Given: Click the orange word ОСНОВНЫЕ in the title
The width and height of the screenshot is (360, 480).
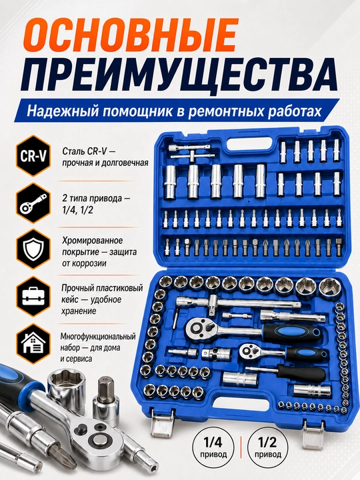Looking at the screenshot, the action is [131, 36].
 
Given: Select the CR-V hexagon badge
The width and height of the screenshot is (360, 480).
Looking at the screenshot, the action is [33, 155].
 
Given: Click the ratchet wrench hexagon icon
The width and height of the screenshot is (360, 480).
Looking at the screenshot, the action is [33, 203].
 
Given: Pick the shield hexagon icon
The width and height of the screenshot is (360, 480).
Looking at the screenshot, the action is [33, 249].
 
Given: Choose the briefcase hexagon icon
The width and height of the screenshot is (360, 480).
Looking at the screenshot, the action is [33, 296].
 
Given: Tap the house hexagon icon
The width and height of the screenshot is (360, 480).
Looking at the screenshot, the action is [33, 343].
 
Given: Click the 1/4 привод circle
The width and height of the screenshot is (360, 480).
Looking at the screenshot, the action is [213, 447].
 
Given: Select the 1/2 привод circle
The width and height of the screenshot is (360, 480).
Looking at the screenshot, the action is [267, 447].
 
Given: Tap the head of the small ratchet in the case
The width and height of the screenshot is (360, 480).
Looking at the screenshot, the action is [251, 351].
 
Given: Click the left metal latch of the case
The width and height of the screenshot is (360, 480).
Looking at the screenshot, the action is [162, 422].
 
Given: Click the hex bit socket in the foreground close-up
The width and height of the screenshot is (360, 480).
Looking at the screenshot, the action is [106, 402].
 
